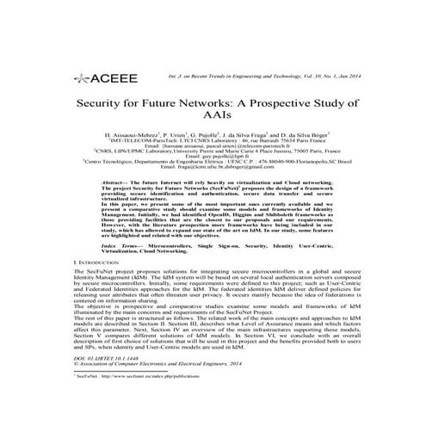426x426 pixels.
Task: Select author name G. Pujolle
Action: coord(207,161)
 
